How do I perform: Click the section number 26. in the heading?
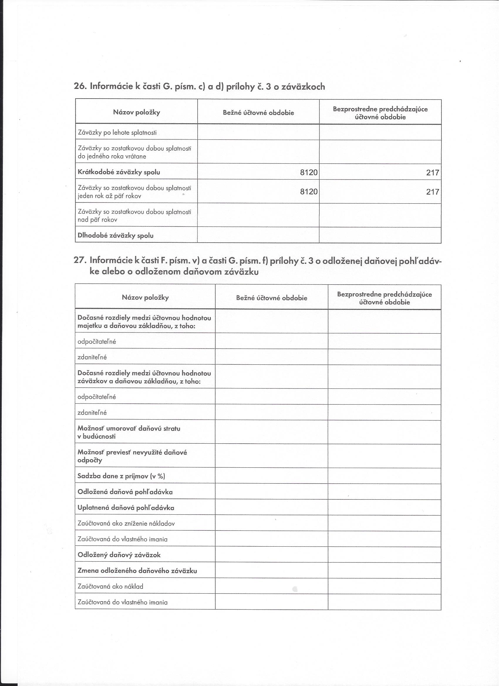click(x=80, y=87)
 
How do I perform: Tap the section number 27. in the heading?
click(x=80, y=260)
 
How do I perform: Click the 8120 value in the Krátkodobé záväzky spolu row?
click(x=309, y=173)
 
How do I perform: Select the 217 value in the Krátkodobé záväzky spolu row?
click(x=432, y=173)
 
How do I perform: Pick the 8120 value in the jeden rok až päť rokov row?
click(x=309, y=192)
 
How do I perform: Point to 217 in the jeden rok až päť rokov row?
click(x=432, y=192)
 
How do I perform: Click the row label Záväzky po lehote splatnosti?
click(x=117, y=133)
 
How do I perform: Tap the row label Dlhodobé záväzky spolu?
click(x=115, y=236)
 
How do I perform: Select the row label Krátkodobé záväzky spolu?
click(x=119, y=172)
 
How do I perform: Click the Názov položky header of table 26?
click(x=136, y=112)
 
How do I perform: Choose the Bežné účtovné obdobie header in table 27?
click(x=272, y=298)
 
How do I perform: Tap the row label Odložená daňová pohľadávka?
click(x=125, y=492)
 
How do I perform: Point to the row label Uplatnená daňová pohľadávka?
click(x=126, y=508)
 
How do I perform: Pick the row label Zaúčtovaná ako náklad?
click(x=110, y=587)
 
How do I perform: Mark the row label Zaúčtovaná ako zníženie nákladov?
click(x=126, y=523)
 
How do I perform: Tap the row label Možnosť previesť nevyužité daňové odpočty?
click(x=132, y=457)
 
